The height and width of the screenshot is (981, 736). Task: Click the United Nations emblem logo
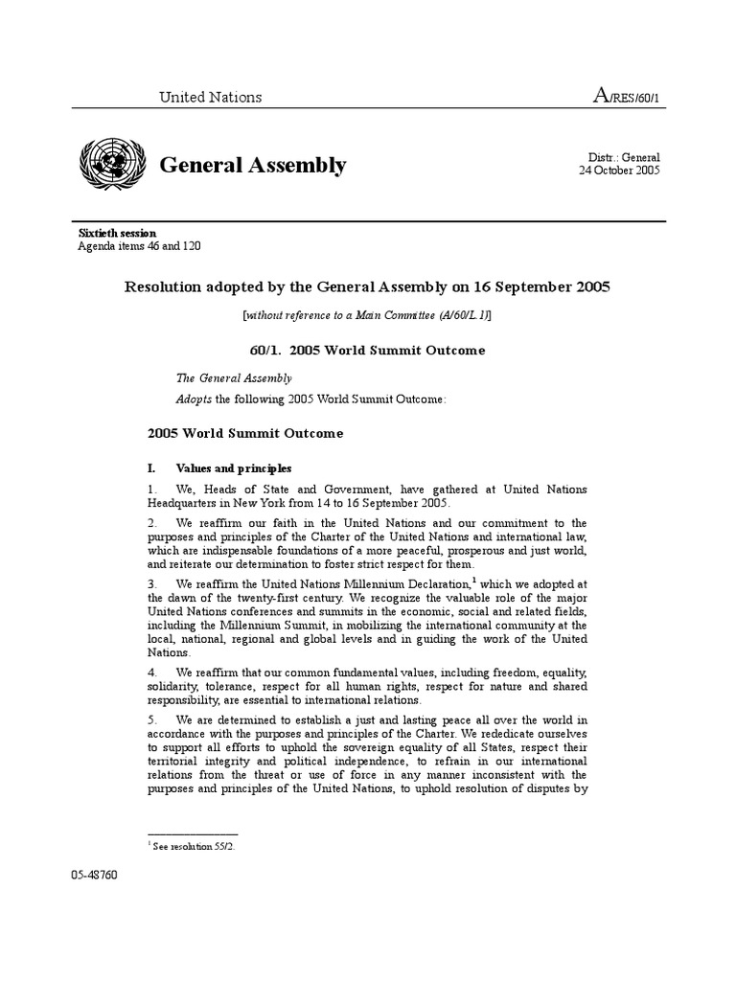click(x=112, y=164)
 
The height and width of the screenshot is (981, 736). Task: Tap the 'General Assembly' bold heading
click(x=252, y=166)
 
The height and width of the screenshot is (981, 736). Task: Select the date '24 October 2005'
click(x=619, y=171)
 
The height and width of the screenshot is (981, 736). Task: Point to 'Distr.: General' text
click(x=623, y=157)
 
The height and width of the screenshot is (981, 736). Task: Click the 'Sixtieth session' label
click(x=117, y=233)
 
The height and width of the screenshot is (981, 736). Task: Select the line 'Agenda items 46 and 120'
click(x=139, y=246)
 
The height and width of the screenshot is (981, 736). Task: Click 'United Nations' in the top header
click(x=210, y=97)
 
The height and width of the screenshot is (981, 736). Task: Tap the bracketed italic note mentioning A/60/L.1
click(x=367, y=315)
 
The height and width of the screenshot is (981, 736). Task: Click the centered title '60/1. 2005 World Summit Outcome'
click(x=367, y=351)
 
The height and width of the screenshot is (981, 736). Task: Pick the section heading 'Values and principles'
click(x=234, y=468)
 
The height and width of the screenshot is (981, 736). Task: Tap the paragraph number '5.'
click(x=152, y=719)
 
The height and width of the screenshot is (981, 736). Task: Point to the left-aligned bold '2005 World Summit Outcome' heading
click(x=245, y=434)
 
